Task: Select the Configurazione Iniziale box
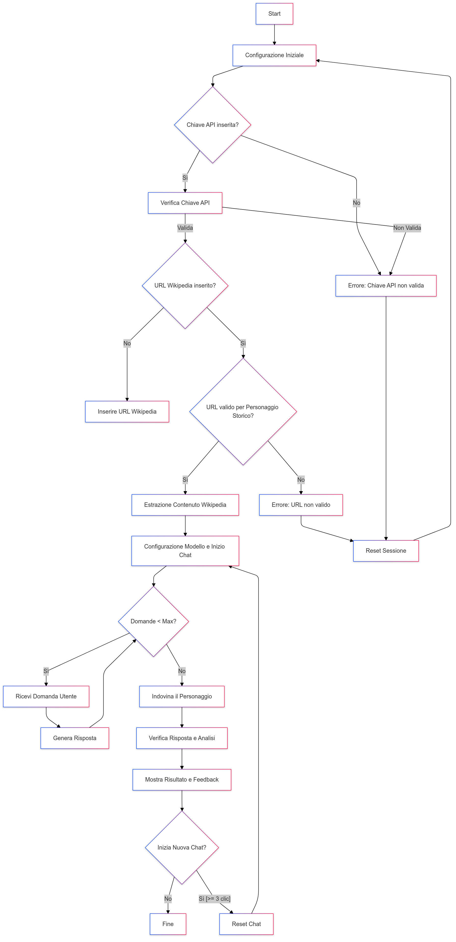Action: [274, 55]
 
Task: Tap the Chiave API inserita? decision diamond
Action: [212, 125]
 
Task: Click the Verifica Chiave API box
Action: [185, 203]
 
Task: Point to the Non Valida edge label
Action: [407, 228]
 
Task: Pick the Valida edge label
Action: [185, 228]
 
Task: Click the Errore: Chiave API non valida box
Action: [386, 286]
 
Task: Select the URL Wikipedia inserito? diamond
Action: [185, 286]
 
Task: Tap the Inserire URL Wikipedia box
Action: [127, 411]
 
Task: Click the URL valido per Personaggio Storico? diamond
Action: [243, 411]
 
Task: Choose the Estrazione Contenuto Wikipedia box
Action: [185, 505]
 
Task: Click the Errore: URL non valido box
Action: [301, 505]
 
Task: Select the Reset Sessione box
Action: [386, 551]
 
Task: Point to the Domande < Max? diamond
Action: [153, 621]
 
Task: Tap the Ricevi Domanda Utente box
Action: [46, 696]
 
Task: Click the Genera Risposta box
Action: [75, 738]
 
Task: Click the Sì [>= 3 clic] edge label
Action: [214, 899]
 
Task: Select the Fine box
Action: [168, 924]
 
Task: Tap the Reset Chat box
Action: [246, 924]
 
